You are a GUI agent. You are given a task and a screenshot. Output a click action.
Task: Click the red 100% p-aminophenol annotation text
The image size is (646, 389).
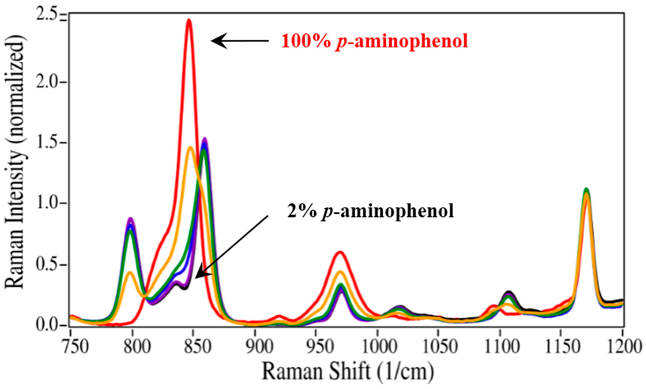pos(373,42)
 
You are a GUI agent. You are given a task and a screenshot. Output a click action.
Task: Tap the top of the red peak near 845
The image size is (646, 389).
pos(188,20)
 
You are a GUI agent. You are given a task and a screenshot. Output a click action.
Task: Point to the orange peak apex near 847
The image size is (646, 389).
pos(191,148)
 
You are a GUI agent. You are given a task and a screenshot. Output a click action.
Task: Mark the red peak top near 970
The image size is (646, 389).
pos(341,252)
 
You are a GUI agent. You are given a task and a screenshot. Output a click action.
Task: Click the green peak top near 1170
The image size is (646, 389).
pos(586,189)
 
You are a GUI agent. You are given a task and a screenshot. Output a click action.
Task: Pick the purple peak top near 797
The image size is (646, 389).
pos(131,218)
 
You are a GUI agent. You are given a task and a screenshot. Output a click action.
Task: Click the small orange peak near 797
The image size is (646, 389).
pos(130,272)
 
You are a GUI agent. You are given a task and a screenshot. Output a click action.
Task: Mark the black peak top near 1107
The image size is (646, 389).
pos(509,292)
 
